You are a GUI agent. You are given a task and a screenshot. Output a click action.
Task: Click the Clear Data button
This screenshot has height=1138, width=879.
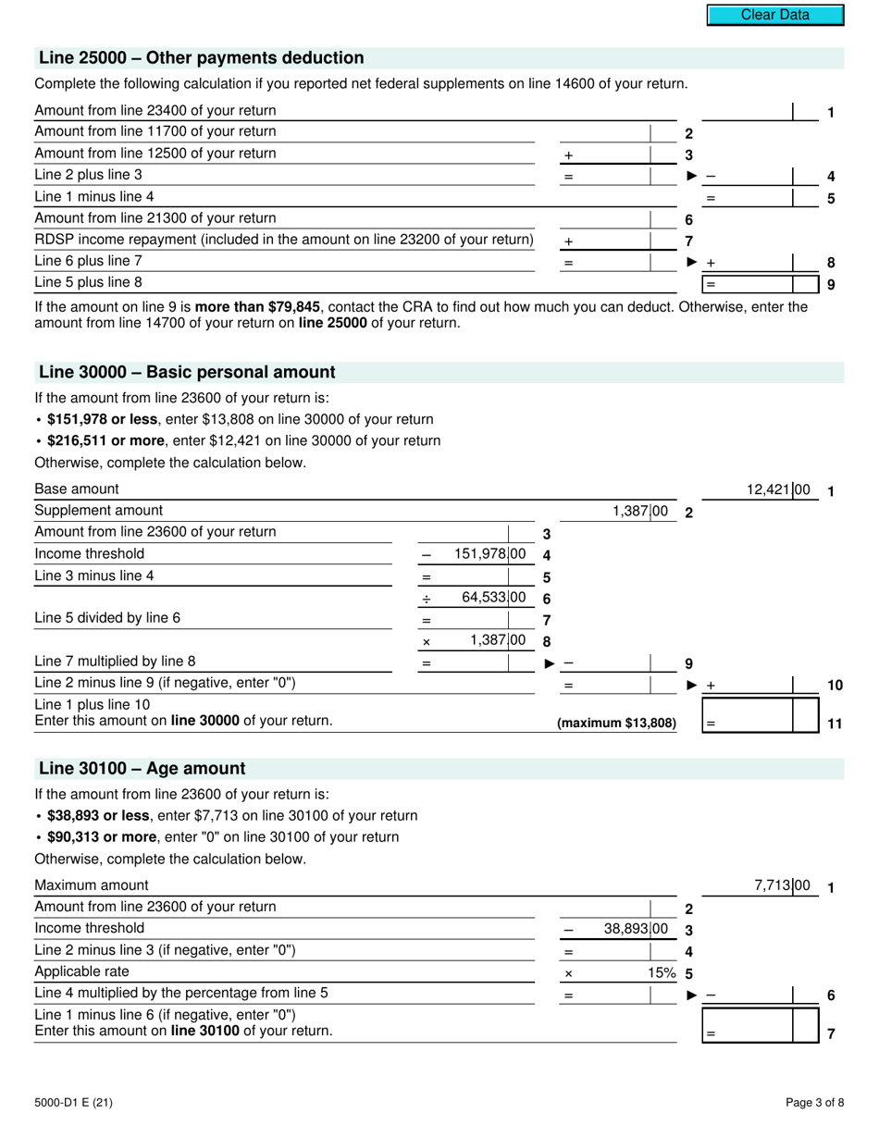click(775, 15)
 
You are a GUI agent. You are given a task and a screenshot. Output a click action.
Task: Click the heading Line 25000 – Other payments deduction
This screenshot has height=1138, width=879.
click(202, 58)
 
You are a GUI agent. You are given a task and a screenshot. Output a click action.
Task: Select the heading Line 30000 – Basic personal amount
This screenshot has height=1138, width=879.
click(187, 372)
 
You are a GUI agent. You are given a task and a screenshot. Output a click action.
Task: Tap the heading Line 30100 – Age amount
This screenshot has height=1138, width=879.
click(142, 769)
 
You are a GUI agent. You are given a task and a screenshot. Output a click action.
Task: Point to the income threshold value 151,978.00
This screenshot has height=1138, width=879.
click(489, 554)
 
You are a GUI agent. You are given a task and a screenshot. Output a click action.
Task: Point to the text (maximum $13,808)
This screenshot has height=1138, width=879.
click(616, 724)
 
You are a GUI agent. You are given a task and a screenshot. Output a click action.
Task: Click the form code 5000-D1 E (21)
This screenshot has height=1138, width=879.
click(74, 1102)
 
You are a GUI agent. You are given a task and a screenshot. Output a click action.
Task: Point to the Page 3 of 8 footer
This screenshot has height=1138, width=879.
click(814, 1102)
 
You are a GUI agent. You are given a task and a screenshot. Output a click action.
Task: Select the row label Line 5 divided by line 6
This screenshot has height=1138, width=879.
click(101, 618)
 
